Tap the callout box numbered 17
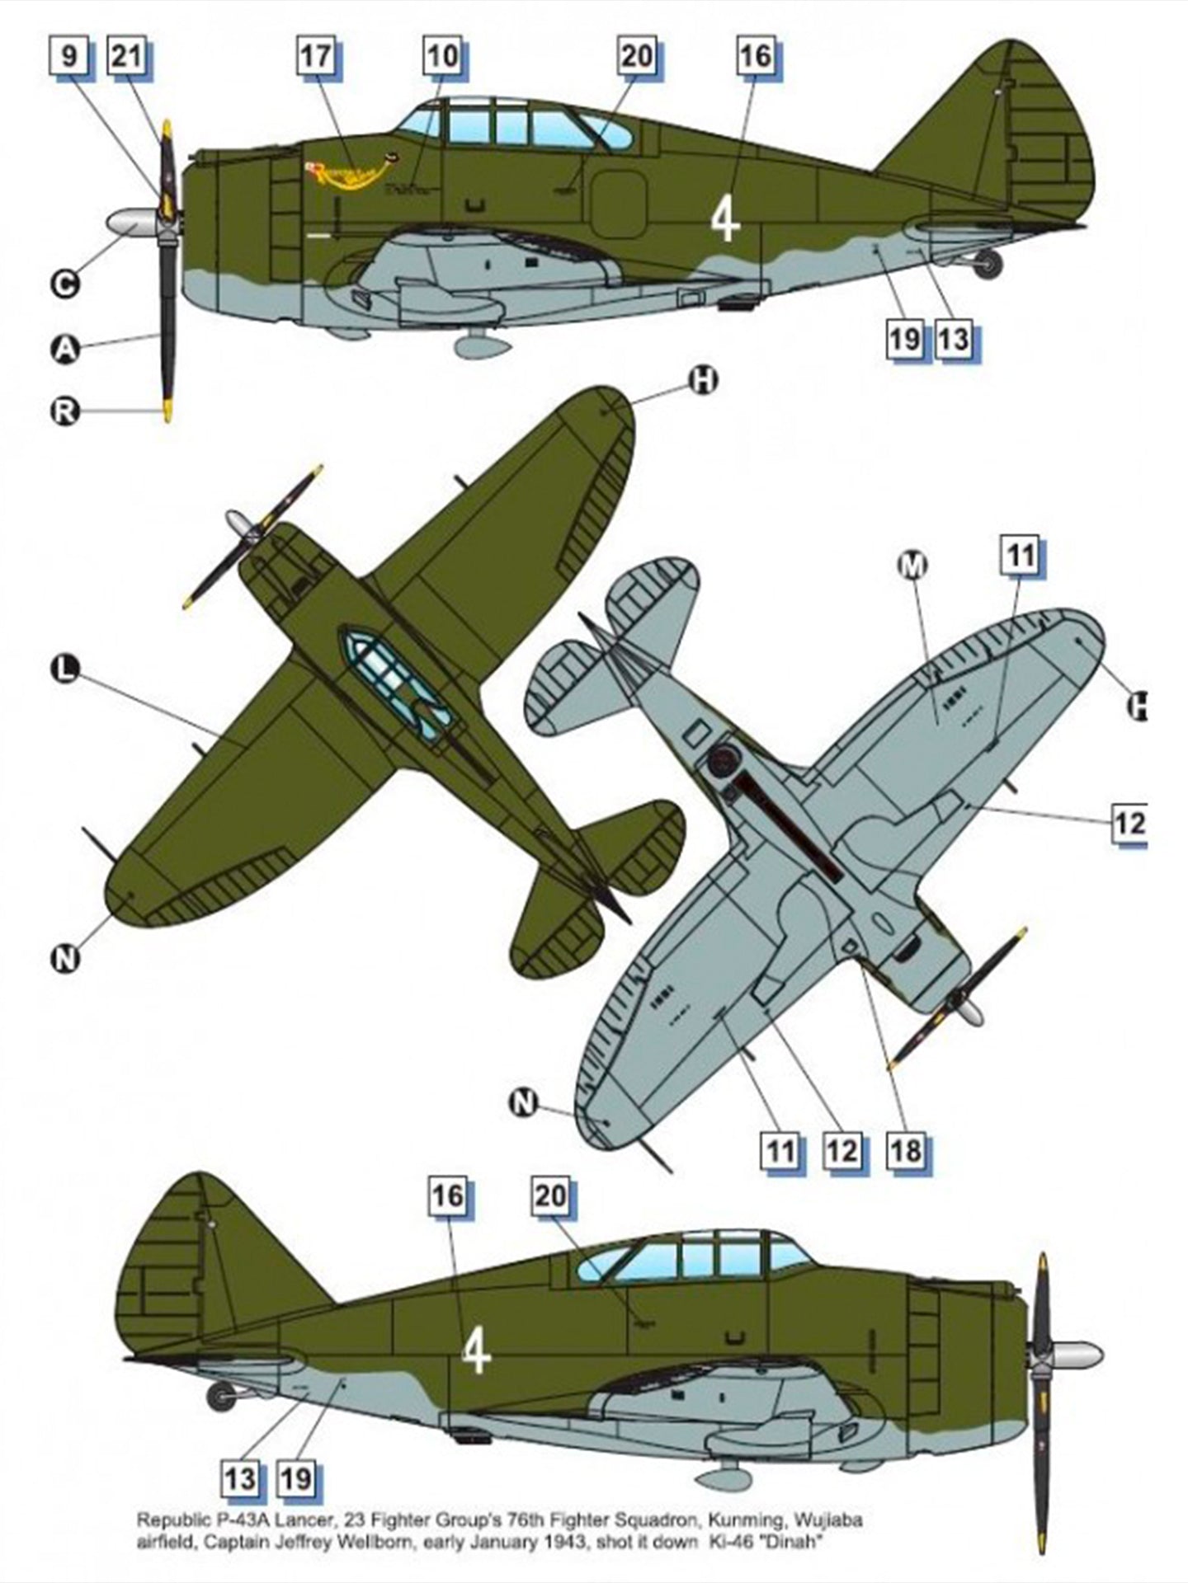316,57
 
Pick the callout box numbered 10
443,57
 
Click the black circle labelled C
65,284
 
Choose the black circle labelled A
65,349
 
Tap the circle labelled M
911,565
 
